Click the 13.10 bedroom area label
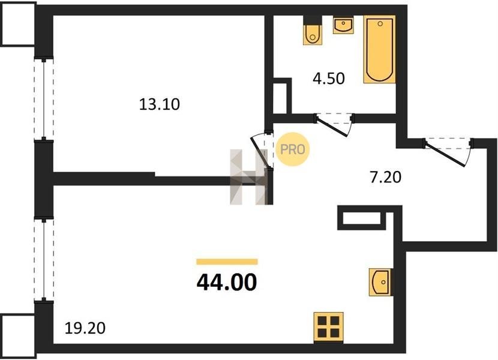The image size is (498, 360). coord(160,104)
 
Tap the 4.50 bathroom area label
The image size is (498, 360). coord(329,79)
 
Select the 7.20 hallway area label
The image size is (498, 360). coord(386,177)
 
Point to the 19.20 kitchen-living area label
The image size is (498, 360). coord(85,328)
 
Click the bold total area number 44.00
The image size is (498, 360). coord(227,282)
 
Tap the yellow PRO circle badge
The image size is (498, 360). coord(293,149)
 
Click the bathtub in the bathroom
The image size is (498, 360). coord(380,49)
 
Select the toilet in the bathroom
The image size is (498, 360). coord(313,30)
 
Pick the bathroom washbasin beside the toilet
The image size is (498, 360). coord(343,25)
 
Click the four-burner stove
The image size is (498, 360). coord(328,327)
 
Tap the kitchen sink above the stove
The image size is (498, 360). coord(380,282)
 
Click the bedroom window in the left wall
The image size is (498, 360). coord(44,99)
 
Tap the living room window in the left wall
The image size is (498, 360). coord(44,259)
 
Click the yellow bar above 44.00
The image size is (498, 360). coord(227,262)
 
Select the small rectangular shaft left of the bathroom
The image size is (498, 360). coord(283,95)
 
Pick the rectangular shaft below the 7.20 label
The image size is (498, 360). coord(361,218)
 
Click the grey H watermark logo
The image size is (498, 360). coord(248,176)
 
